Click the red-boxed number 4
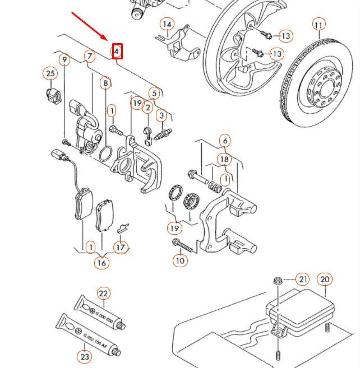tap(117, 52)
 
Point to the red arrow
tap(90, 26)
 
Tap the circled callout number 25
tap(50, 73)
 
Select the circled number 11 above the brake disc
tap(319, 25)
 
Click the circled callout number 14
tap(167, 24)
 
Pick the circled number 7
tap(89, 56)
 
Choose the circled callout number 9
tap(64, 59)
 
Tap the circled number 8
tap(105, 83)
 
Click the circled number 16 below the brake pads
tap(101, 262)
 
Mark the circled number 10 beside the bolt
tap(180, 260)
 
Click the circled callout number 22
tap(103, 294)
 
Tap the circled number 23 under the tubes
tap(85, 356)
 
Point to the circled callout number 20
tap(325, 280)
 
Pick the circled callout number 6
tap(224, 141)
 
